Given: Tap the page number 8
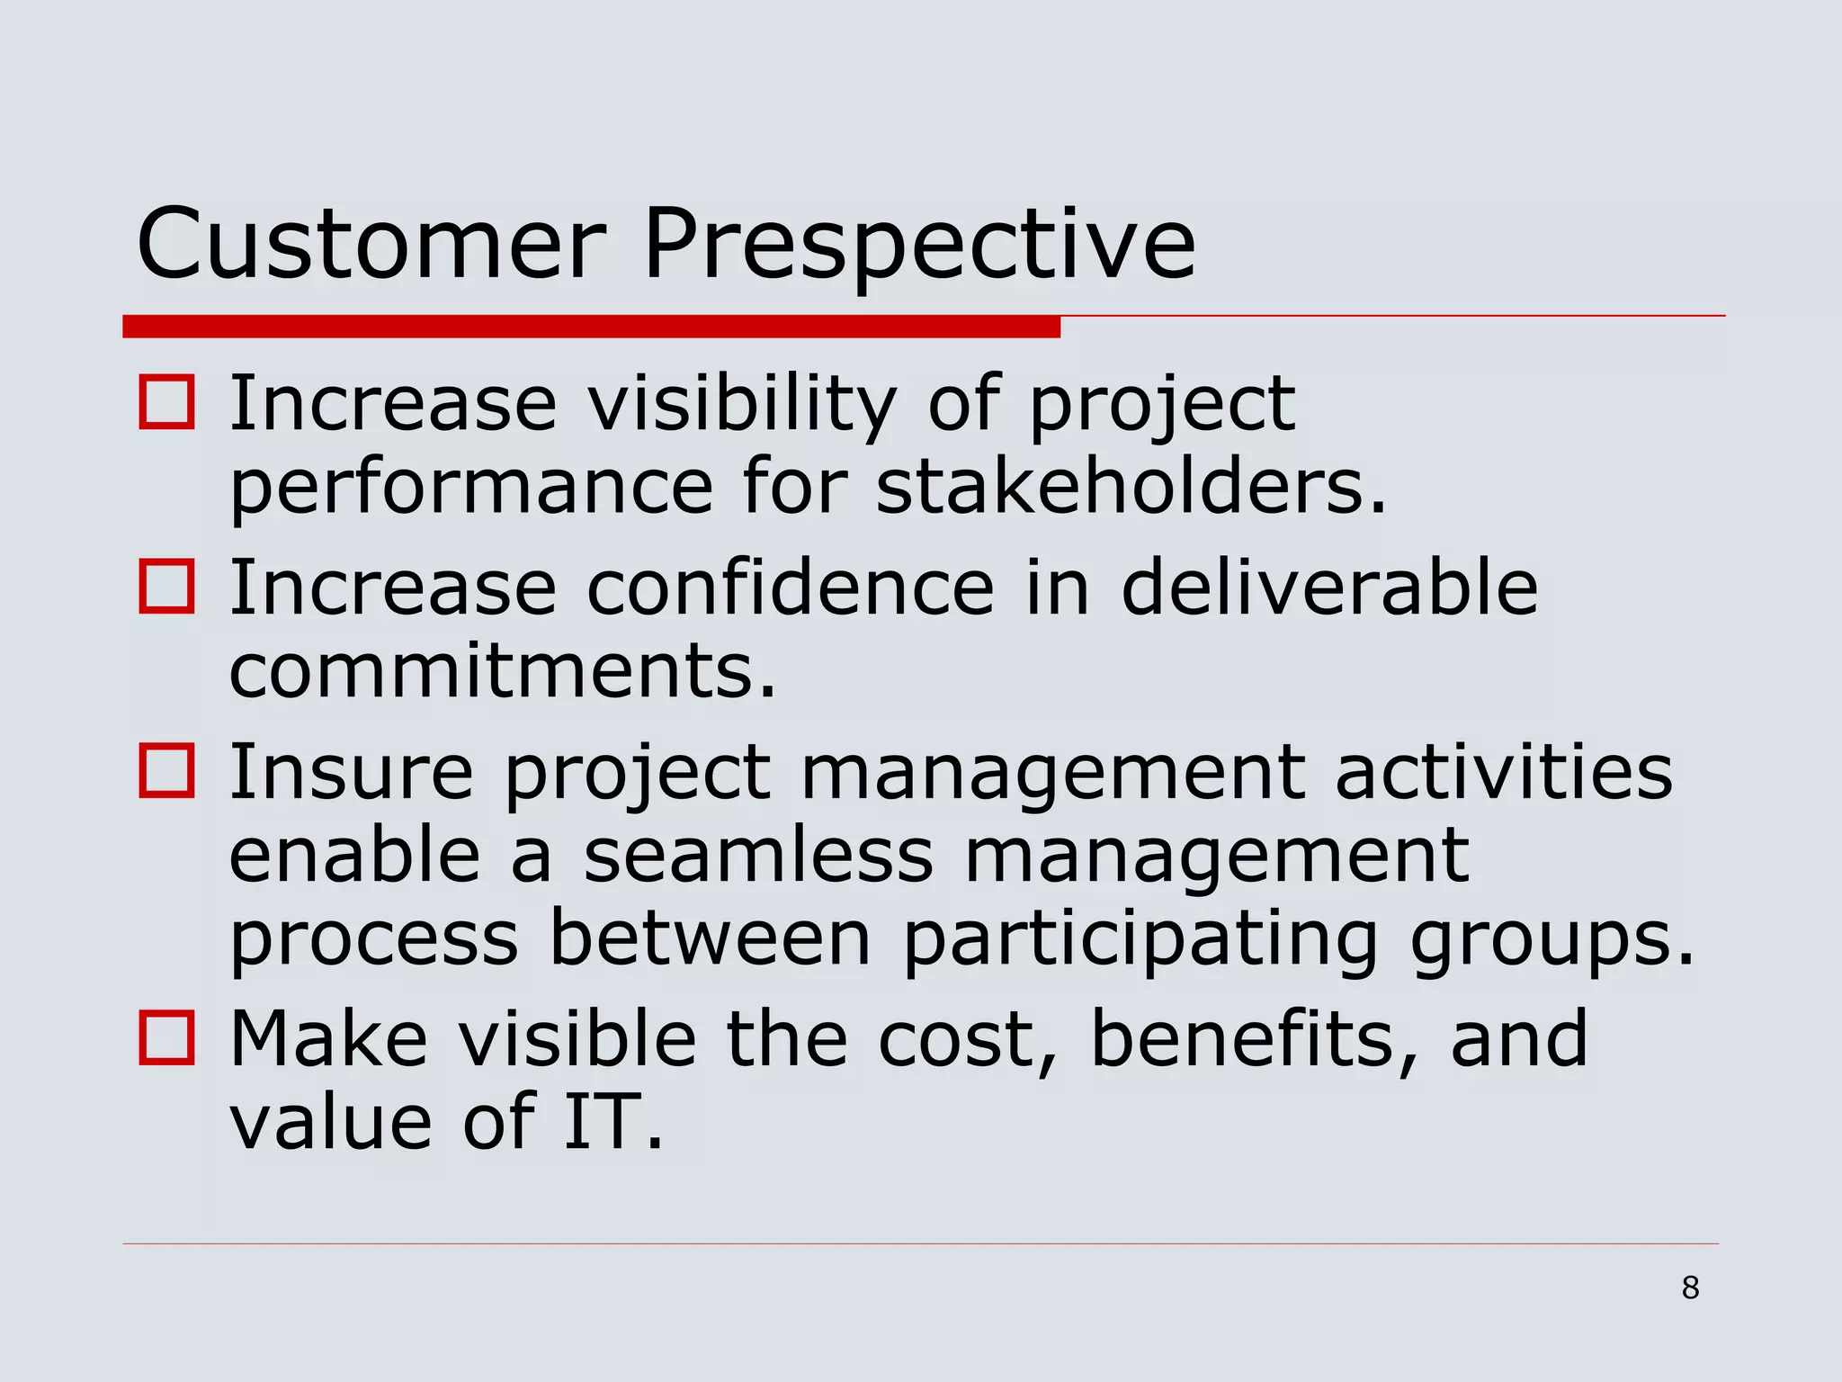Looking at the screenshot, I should pos(1690,1288).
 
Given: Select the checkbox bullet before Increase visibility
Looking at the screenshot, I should pos(167,402).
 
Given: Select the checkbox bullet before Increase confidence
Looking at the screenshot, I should pos(167,587).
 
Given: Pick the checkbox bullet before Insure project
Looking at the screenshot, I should pos(167,771).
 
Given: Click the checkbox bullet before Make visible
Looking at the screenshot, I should pos(167,1037).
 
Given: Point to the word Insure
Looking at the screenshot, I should pos(351,772).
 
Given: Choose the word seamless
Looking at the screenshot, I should pos(758,856).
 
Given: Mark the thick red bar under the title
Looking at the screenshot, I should pos(591,327).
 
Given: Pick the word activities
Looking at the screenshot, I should pos(1503,772).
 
